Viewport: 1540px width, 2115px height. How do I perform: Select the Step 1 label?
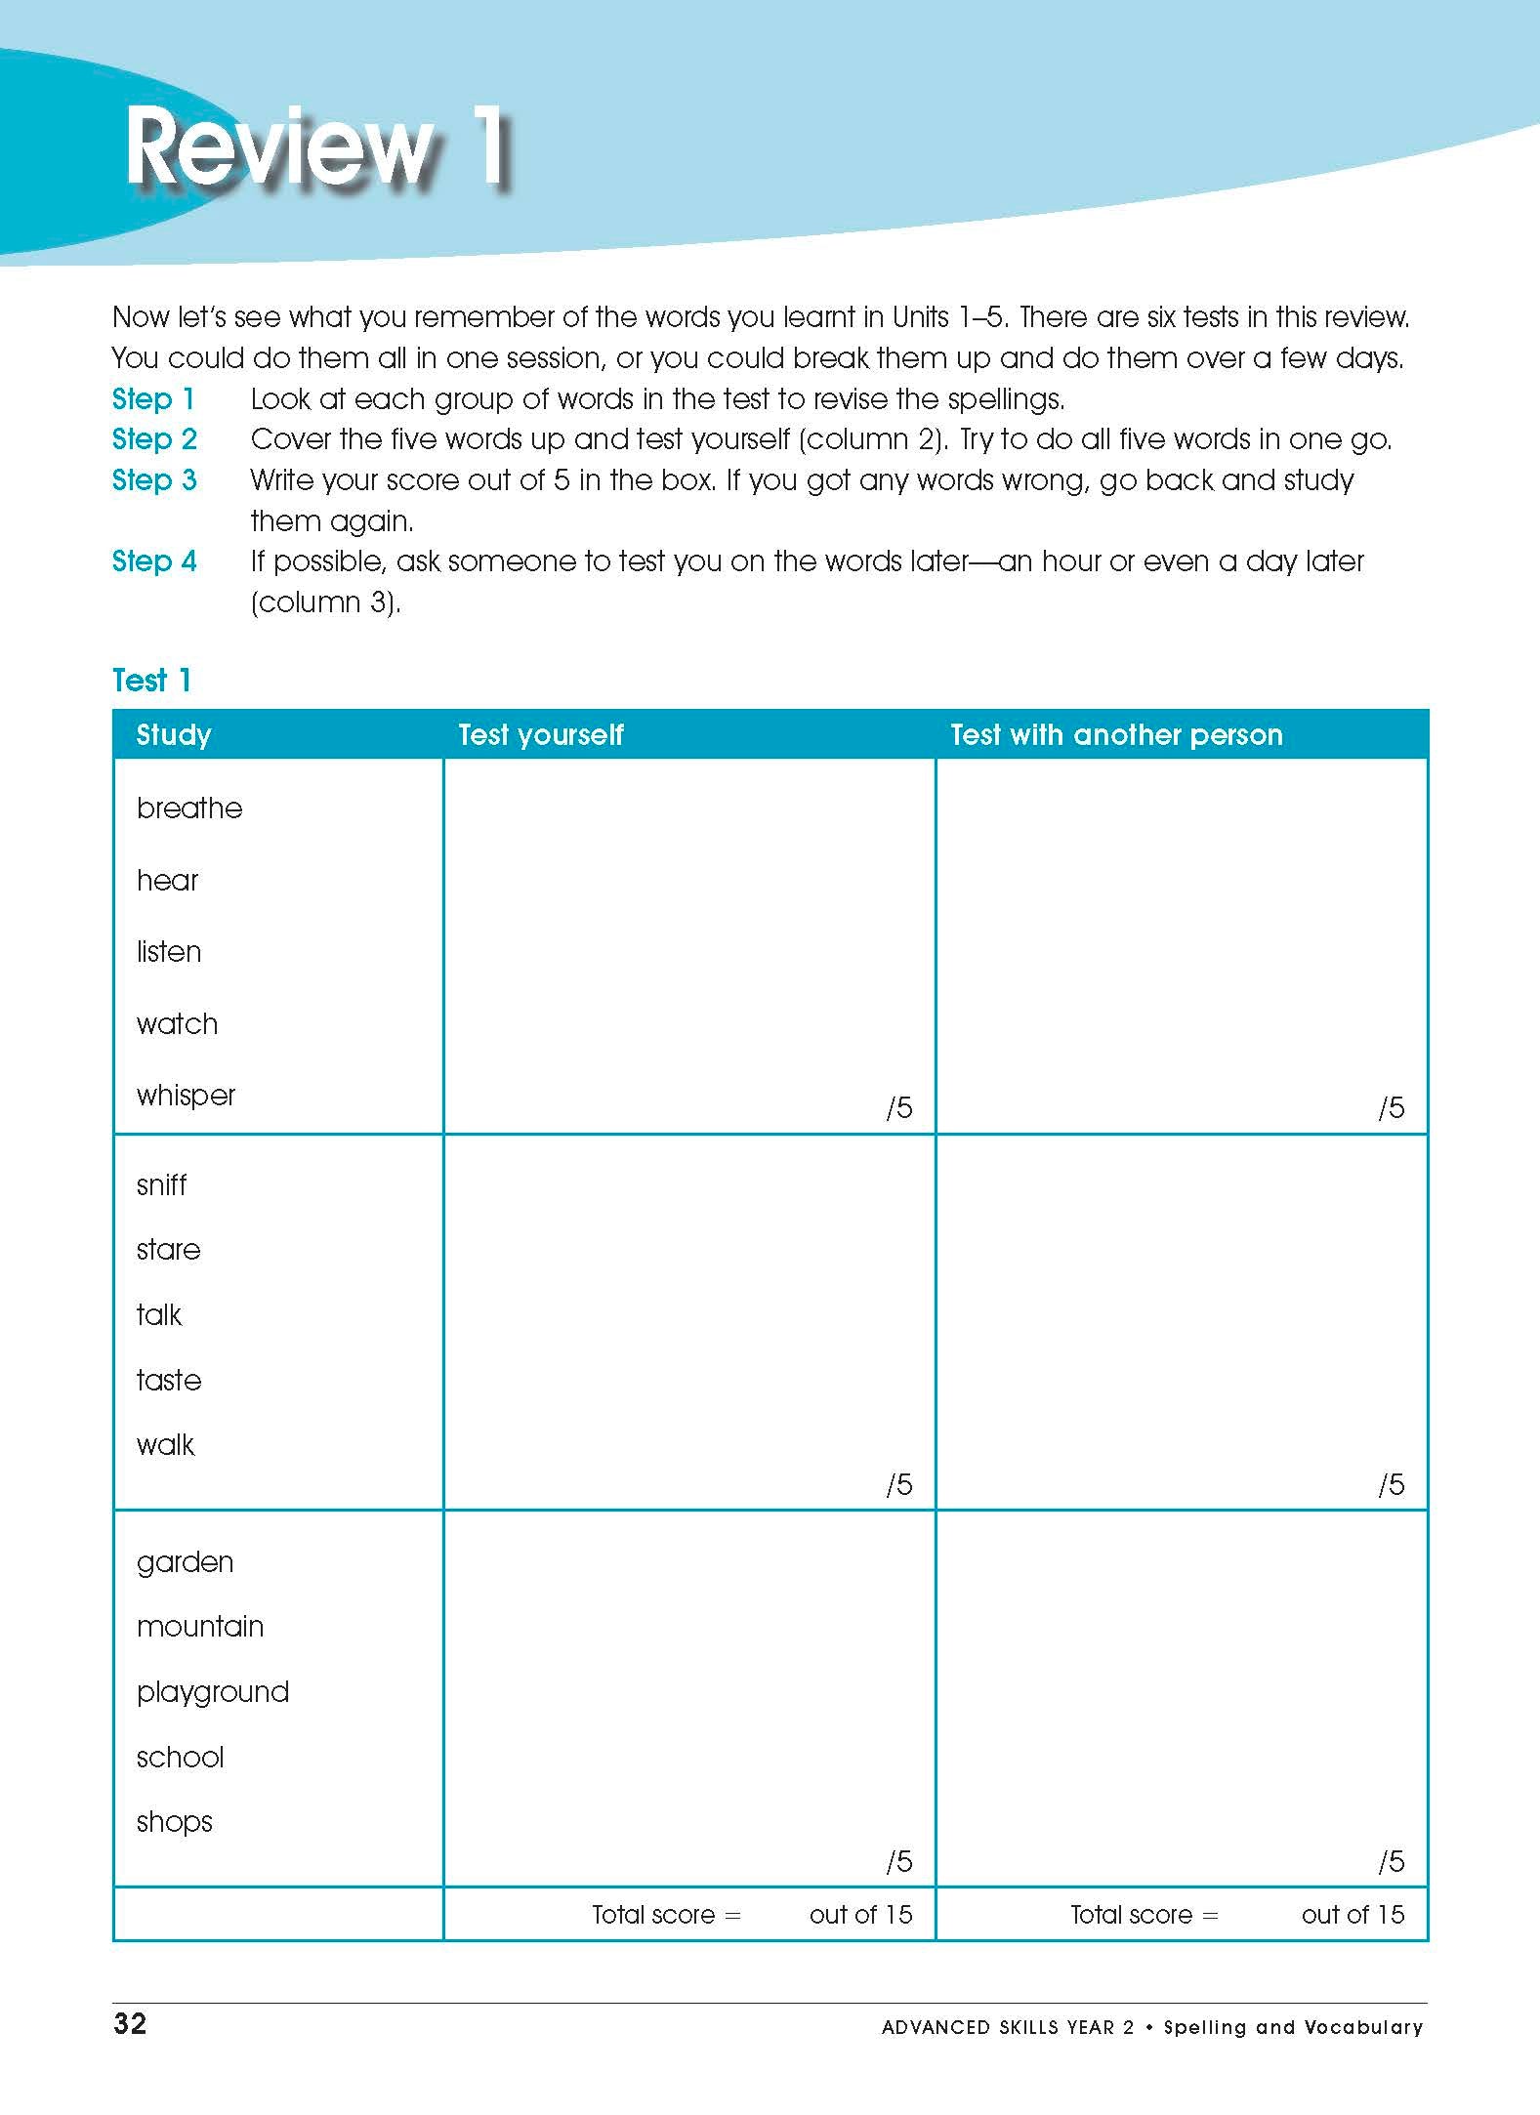point(153,398)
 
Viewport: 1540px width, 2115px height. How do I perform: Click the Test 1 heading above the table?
point(151,681)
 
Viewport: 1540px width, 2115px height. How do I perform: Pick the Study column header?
point(174,734)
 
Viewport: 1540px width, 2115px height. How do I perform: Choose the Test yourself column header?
point(540,734)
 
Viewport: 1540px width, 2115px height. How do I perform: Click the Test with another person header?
point(1116,734)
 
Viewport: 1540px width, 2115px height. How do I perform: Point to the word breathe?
point(189,808)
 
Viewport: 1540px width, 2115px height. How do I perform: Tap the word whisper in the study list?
point(186,1096)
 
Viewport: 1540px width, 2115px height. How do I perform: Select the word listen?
point(169,951)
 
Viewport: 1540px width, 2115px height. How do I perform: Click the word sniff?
point(161,1184)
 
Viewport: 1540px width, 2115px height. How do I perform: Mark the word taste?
point(169,1380)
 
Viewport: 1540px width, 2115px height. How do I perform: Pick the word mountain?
point(200,1627)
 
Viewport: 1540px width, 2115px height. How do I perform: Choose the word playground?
point(213,1692)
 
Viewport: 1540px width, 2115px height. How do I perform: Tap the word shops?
point(175,1822)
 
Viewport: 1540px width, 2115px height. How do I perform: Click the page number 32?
point(130,2024)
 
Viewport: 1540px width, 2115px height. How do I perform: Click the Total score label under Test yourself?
point(666,1915)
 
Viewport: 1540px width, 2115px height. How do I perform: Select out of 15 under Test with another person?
point(1353,1915)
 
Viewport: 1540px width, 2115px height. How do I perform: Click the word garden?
point(185,1562)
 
